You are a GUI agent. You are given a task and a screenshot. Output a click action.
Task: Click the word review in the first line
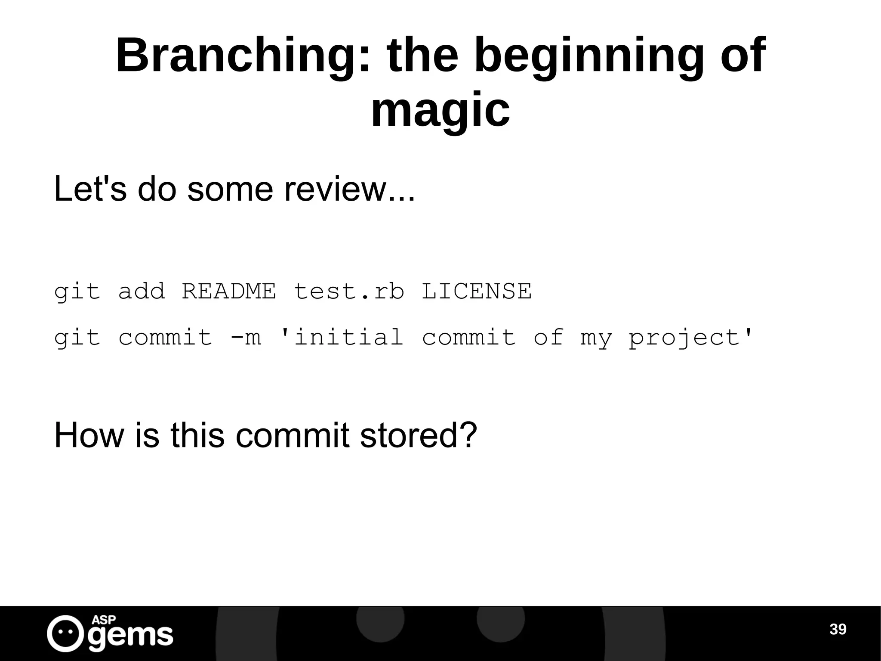click(336, 189)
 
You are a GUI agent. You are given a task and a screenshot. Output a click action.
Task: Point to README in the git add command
click(229, 291)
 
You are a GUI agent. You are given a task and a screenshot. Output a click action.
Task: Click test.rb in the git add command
click(349, 291)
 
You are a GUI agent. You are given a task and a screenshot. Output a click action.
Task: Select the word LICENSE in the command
click(477, 291)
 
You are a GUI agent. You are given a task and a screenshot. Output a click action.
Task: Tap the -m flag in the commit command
click(246, 337)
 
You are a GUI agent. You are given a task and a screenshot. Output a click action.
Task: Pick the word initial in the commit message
click(342, 337)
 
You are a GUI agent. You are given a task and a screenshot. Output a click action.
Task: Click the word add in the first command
click(142, 291)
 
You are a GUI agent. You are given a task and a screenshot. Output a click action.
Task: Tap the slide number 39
click(838, 629)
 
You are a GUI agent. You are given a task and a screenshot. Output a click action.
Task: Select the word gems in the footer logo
click(131, 636)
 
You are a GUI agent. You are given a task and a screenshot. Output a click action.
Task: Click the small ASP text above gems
click(104, 620)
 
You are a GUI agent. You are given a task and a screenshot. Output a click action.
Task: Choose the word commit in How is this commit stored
click(293, 435)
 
